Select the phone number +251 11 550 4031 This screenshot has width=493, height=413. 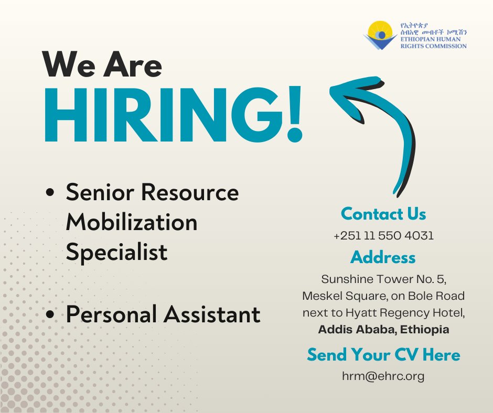pyautogui.click(x=383, y=236)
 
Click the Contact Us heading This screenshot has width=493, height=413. pyautogui.click(x=383, y=214)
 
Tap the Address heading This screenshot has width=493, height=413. pyautogui.click(x=383, y=257)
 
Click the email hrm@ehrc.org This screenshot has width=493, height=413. pyautogui.click(x=383, y=376)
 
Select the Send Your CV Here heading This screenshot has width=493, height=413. pyautogui.click(x=383, y=355)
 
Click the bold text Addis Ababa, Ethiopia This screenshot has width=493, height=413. pyautogui.click(x=383, y=330)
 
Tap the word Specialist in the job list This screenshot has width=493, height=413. pyautogui.click(x=116, y=252)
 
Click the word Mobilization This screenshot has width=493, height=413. pyautogui.click(x=132, y=223)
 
